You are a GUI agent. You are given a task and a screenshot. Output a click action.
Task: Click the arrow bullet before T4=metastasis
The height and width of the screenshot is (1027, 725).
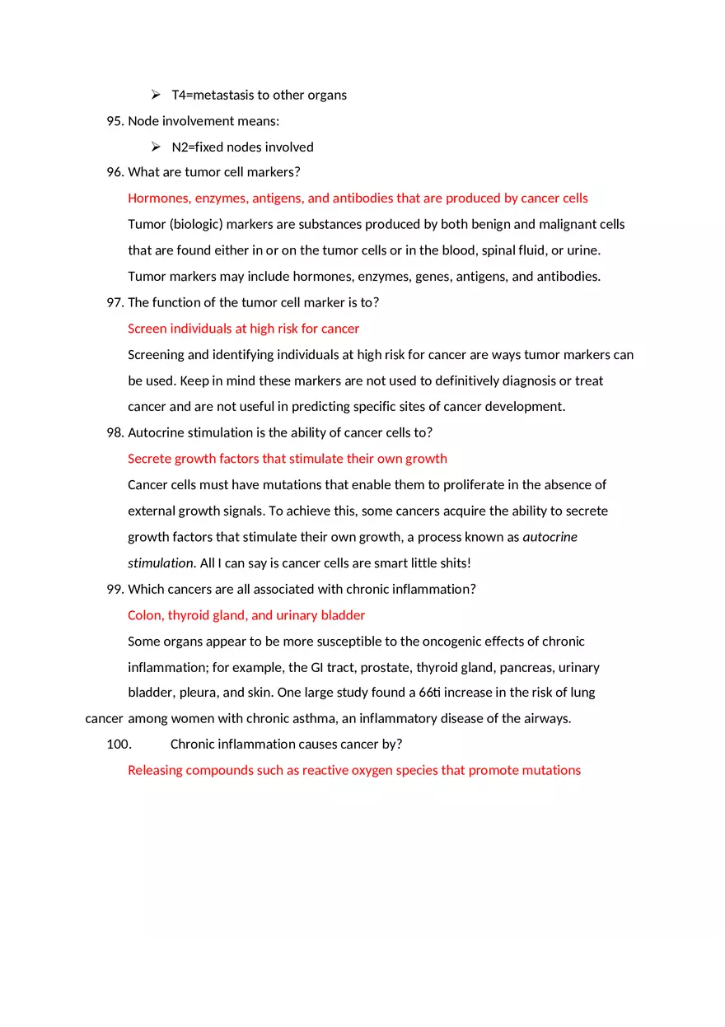pyautogui.click(x=155, y=95)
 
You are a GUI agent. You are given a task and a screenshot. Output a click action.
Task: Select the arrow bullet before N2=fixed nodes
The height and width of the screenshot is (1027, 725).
pyautogui.click(x=155, y=147)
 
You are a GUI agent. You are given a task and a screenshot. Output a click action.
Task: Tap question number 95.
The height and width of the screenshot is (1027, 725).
pyautogui.click(x=115, y=121)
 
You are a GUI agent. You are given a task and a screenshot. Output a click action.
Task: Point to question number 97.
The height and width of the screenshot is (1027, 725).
pyautogui.click(x=115, y=302)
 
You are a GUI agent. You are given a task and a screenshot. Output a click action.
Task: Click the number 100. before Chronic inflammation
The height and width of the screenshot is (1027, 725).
pyautogui.click(x=119, y=745)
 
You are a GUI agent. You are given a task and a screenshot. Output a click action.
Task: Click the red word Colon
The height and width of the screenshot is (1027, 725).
pyautogui.click(x=145, y=615)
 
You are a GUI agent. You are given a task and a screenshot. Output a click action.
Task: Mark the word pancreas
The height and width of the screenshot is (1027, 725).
pyautogui.click(x=512, y=668)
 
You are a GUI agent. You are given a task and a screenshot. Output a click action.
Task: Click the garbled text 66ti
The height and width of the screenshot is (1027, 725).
pyautogui.click(x=431, y=693)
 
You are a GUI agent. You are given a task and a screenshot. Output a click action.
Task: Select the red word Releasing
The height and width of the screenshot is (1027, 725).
pyautogui.click(x=155, y=771)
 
